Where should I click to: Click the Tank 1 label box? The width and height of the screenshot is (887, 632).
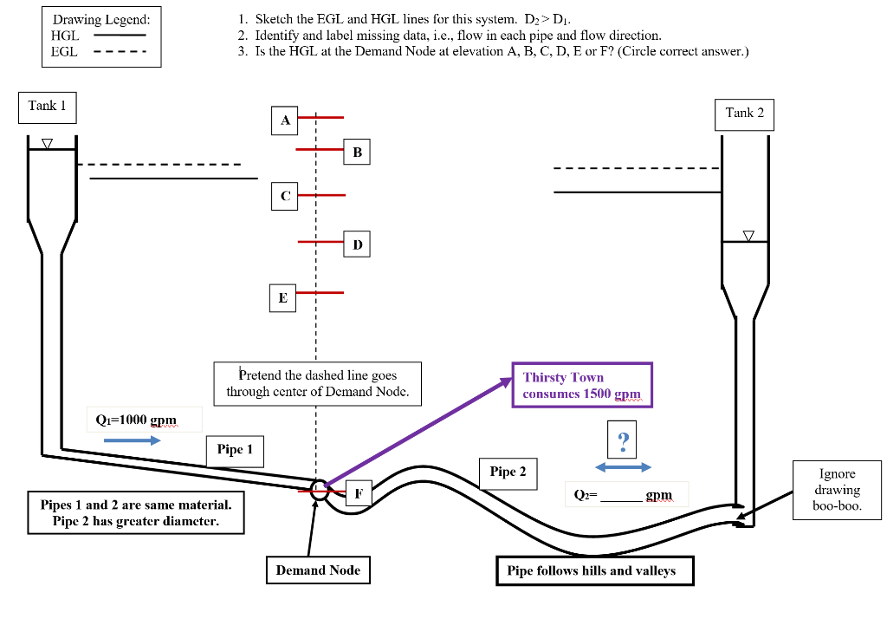[47, 106]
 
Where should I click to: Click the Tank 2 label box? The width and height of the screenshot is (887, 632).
[744, 114]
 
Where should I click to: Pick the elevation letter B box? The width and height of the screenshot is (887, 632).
[357, 153]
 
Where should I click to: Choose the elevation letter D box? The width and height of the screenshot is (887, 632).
[357, 245]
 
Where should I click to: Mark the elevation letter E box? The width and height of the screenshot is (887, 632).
[282, 297]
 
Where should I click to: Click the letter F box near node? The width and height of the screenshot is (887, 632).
[359, 493]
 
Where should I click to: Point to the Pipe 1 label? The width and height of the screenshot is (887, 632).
[235, 450]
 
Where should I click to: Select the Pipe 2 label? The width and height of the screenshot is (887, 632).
[508, 472]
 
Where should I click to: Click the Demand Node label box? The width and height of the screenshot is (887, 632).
[318, 570]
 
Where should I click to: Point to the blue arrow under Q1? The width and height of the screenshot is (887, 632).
[132, 440]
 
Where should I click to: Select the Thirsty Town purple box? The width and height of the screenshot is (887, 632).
[581, 385]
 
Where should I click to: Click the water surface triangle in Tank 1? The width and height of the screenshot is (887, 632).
[47, 143]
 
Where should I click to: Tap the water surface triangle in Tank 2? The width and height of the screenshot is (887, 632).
[748, 235]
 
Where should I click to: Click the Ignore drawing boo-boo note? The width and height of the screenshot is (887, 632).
[837, 490]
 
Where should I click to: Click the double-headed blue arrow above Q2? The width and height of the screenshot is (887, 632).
[623, 467]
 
